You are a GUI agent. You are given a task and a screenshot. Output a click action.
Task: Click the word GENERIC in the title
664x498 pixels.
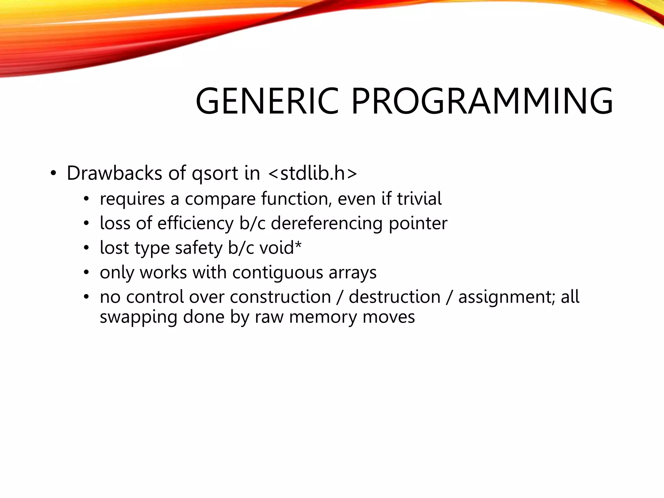coord(267,101)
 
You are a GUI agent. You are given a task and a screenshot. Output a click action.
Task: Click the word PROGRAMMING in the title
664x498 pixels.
coord(482,101)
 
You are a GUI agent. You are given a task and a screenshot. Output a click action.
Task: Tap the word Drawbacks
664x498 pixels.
coord(114,173)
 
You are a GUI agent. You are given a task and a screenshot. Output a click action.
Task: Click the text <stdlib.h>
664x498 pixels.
coord(313,173)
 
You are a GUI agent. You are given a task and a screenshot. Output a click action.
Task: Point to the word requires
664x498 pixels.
coord(132,199)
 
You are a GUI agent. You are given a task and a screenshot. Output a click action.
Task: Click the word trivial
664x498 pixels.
coord(419,198)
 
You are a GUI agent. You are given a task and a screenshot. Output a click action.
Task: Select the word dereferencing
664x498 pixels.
coord(326,224)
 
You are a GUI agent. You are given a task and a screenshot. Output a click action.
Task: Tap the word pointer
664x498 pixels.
coord(418,224)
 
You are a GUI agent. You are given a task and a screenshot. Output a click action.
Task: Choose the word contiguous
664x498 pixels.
coord(278,273)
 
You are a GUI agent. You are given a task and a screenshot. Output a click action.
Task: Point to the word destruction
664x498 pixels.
coord(395,297)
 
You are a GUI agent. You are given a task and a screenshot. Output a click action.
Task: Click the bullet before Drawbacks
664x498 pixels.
coord(53,174)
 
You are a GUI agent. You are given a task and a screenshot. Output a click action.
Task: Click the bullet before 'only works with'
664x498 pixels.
coord(86,273)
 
